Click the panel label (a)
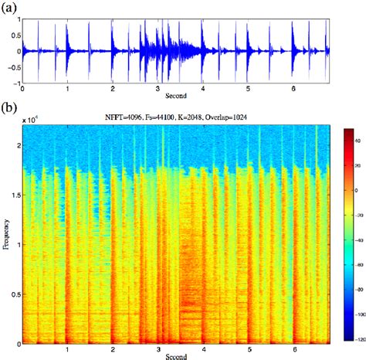10,9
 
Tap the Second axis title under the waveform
175,97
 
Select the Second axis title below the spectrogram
175,355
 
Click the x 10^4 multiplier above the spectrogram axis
31,121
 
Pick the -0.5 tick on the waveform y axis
15,66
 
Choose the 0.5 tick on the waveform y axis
15,36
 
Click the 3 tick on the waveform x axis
158,89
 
